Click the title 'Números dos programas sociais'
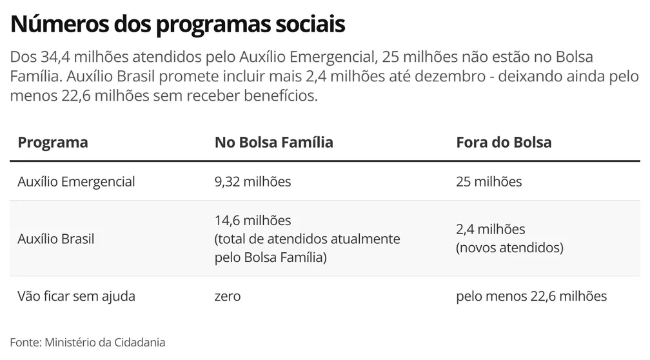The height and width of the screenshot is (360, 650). [x=178, y=25]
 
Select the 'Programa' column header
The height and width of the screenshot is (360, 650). [x=53, y=143]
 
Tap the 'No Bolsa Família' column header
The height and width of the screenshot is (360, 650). [x=273, y=143]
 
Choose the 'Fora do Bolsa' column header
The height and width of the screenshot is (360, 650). [x=504, y=143]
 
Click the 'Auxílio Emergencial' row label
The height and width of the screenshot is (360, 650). [x=77, y=181]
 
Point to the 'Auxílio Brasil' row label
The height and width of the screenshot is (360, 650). [x=56, y=239]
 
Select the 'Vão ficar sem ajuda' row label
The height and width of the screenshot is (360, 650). [x=77, y=296]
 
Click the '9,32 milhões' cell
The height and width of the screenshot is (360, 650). [x=253, y=181]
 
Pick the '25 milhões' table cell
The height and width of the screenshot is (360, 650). [x=489, y=181]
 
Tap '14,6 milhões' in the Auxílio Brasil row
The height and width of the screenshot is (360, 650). [x=253, y=221]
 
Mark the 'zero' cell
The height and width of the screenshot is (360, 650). [x=228, y=296]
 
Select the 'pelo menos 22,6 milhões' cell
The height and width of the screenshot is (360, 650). [x=531, y=296]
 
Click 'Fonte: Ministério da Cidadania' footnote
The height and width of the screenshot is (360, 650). [x=88, y=342]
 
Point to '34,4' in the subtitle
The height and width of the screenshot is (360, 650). [x=54, y=57]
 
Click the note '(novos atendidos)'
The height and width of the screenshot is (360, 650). [x=509, y=248]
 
